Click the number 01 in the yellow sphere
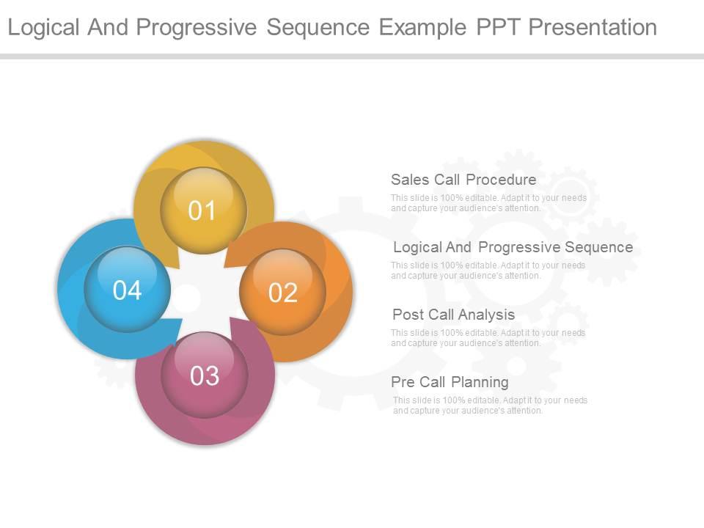202,211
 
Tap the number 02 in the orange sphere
283,293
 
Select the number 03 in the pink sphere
205,376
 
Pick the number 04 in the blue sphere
127,290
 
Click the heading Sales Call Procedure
463,180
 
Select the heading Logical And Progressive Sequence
513,247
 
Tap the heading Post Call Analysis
453,315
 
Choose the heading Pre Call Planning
450,382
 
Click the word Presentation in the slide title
593,27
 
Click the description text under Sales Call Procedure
488,203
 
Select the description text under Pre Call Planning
490,406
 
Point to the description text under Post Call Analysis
488,338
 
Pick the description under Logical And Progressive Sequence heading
488,271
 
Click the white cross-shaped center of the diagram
205,293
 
